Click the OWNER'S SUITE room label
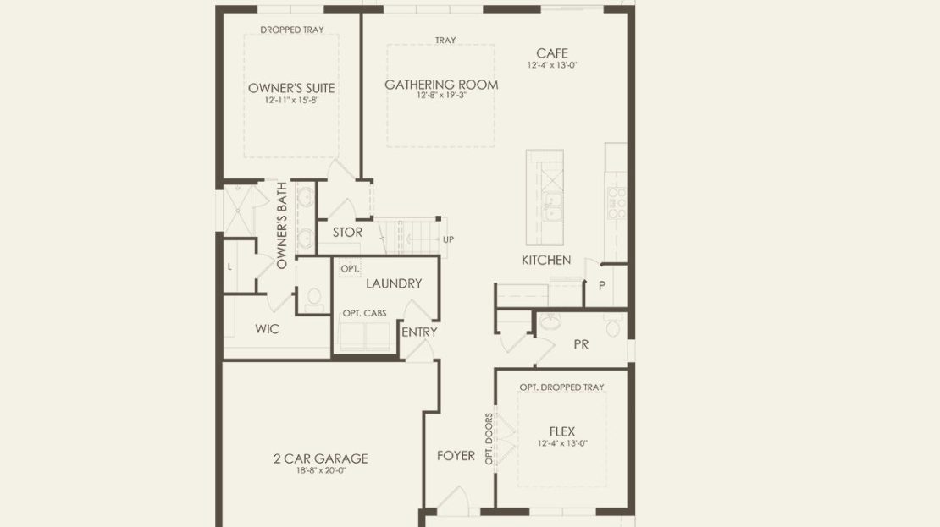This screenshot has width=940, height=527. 291,88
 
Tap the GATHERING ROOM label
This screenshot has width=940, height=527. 441,85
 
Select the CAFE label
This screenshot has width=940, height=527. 552,53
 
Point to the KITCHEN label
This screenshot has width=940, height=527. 546,260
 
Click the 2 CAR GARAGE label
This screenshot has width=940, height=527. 321,458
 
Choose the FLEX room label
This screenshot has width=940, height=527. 562,431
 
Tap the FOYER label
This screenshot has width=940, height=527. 456,456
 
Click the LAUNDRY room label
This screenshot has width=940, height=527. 394,283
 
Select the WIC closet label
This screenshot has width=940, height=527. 268,329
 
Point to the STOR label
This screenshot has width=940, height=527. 348,233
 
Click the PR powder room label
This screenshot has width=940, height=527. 581,344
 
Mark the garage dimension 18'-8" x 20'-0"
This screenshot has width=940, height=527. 321,470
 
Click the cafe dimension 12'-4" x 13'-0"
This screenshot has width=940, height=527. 552,65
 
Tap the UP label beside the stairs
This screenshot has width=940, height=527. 449,239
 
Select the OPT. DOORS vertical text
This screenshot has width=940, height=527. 489,439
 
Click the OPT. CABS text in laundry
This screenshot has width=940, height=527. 364,313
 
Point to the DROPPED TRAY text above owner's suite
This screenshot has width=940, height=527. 292,30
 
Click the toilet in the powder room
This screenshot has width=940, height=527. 612,327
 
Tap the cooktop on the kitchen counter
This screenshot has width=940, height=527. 617,203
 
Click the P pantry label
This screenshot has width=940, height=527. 602,286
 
